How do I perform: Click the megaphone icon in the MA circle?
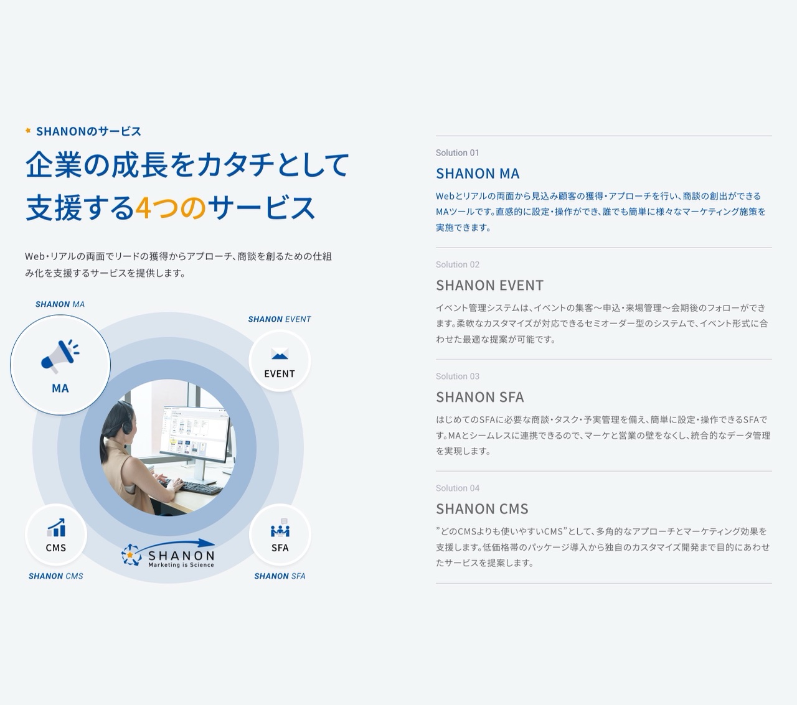[x=60, y=356]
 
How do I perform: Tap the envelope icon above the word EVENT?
[x=280, y=355]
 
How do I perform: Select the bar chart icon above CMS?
[x=56, y=528]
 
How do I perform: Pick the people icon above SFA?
[x=280, y=530]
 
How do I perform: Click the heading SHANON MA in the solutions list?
[x=478, y=174]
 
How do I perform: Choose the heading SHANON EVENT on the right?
[x=489, y=286]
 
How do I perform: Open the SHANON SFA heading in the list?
[x=479, y=397]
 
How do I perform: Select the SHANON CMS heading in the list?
[x=482, y=509]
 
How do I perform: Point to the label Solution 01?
[x=457, y=152]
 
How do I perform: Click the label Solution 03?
[x=457, y=376]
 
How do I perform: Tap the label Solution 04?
[x=457, y=488]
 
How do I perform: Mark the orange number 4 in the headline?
[x=143, y=208]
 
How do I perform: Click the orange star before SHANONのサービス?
[x=28, y=131]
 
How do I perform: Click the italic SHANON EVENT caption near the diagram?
[x=279, y=319]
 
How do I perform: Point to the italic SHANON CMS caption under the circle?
[x=55, y=576]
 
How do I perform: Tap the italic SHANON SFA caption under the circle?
[x=280, y=576]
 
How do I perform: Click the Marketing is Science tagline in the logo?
[x=181, y=565]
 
